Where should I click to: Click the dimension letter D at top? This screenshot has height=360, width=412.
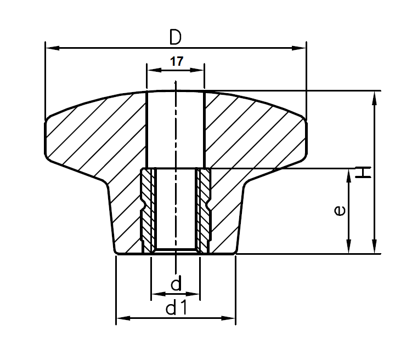(x=175, y=37)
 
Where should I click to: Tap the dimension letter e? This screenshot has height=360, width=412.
(x=340, y=210)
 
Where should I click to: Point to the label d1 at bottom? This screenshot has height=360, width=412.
(x=177, y=308)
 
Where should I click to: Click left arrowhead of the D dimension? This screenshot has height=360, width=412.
(x=51, y=48)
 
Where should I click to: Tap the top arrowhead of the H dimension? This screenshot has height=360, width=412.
(x=375, y=97)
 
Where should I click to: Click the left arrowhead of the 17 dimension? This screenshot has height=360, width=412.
(x=153, y=70)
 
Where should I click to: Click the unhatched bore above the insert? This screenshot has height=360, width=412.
(x=176, y=129)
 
